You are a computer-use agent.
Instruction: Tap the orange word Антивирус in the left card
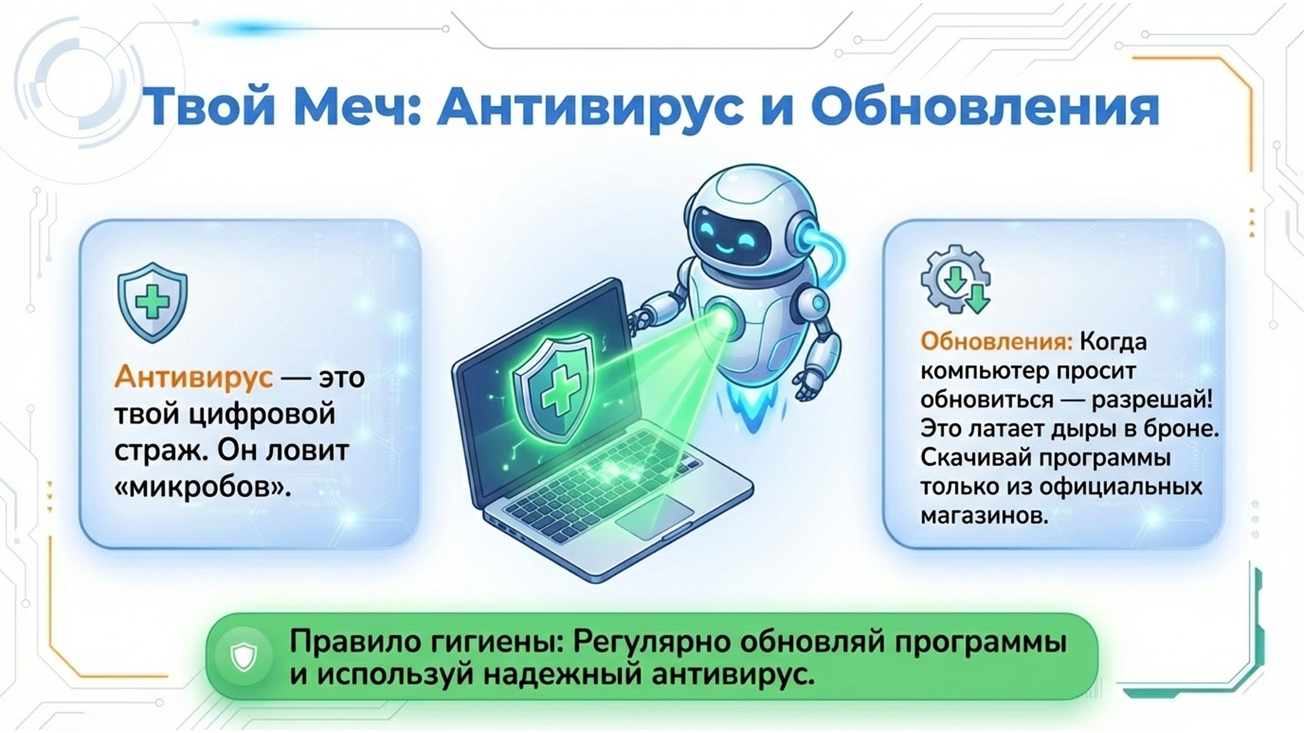193,377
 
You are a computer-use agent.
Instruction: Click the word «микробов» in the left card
202,487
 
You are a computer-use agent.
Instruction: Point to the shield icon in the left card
153,302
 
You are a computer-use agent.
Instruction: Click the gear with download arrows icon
956,279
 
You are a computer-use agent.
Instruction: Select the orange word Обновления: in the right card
996,341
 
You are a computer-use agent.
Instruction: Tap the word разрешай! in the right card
1152,400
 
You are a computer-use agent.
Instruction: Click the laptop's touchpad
655,516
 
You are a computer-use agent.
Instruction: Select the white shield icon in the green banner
244,657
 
